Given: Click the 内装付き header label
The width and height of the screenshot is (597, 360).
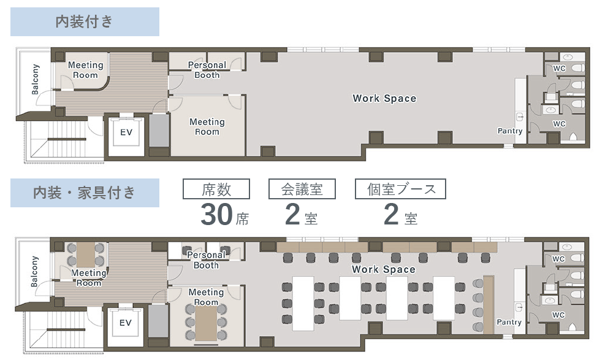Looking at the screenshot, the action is point(85,21).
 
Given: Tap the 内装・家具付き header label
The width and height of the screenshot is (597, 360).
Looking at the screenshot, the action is point(85,193).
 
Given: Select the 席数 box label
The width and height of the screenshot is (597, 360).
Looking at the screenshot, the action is point(216,189).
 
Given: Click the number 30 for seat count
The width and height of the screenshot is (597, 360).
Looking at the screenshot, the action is point(216,215).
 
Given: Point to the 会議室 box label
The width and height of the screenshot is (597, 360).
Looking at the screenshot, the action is point(302,189).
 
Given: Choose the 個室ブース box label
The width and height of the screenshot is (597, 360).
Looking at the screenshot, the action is point(400,189).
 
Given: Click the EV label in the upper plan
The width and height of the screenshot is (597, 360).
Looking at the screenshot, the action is point(126,132).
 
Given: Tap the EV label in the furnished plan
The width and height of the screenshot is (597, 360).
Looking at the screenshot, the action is point(125,323).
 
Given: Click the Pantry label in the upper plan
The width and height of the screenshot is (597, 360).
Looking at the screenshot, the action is point(510,131).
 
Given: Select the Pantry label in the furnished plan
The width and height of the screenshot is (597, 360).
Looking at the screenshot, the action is point(509,323).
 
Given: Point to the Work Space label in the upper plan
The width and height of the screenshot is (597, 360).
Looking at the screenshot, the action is point(384,98).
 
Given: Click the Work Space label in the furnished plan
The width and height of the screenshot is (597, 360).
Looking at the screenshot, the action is point(384,269).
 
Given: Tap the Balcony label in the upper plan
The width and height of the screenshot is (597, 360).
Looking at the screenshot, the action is point(35,79).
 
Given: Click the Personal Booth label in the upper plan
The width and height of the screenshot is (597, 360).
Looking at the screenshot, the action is point(207,70).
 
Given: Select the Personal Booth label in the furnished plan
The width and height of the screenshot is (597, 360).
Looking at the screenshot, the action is point(207,260).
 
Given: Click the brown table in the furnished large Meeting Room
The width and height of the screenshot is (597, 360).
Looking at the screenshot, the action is point(206,323).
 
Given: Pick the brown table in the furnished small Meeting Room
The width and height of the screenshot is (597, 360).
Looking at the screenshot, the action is point(86,255).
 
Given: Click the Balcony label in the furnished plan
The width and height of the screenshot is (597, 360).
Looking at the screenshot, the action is point(34,271).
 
